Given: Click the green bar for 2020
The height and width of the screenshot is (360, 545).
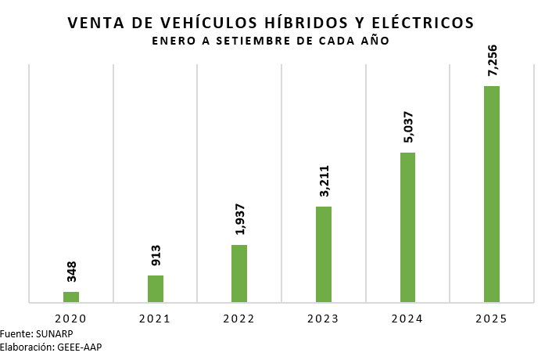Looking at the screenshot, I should tap(71, 297).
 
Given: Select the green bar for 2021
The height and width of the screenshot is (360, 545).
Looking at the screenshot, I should tap(156, 288).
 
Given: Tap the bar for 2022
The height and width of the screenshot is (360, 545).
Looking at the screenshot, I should tap(239, 273).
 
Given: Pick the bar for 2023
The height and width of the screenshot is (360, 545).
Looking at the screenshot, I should tap(324, 254).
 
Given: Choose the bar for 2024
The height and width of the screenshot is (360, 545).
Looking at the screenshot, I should tap(407, 227).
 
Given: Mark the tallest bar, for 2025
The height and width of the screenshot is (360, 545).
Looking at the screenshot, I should tap(492, 193).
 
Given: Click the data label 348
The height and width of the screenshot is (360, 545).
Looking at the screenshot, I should tap(71, 272).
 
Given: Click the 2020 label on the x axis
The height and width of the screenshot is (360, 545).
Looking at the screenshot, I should tap(71, 319).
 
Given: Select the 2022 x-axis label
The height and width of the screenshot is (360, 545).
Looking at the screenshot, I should tap(239, 319).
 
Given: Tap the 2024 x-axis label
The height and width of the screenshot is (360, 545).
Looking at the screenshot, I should tap(407, 319).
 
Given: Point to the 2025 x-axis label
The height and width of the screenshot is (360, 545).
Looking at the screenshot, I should tap(492, 319).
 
